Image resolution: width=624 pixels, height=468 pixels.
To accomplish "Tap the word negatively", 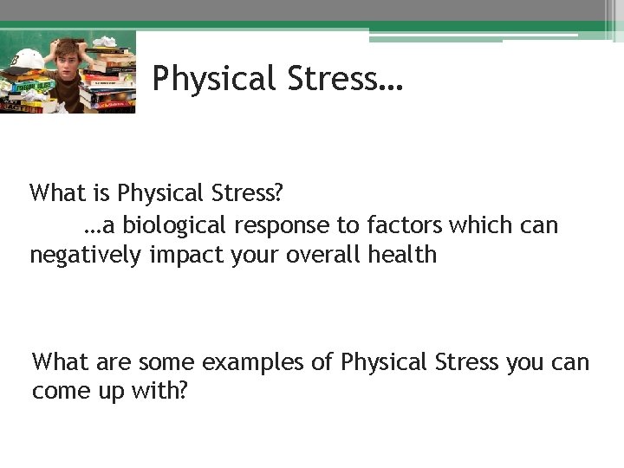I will click(x=86, y=256).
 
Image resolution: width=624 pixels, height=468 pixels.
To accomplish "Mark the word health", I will click(x=405, y=256).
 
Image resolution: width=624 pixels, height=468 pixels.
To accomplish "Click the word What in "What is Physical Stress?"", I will click(x=55, y=192).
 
